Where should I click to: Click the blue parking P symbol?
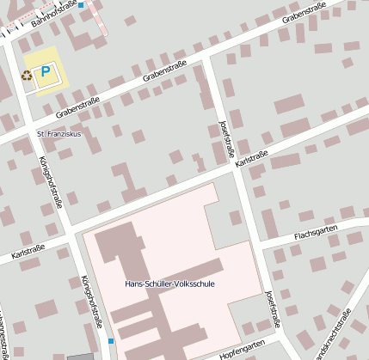pyautogui.click(x=46, y=73)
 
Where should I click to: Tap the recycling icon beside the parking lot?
pyautogui.click(x=27, y=75)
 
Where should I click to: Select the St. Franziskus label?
pyautogui.click(x=58, y=134)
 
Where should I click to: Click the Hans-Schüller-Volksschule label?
pyautogui.click(x=169, y=284)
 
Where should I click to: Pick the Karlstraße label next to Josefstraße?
pyautogui.click(x=252, y=160)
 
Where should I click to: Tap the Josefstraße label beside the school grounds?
pyautogui.click(x=273, y=310)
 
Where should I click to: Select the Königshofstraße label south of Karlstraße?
pyautogui.click(x=91, y=301)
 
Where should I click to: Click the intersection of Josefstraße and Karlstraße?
pyautogui.click(x=237, y=168)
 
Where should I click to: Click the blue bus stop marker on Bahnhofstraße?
pyautogui.click(x=81, y=5)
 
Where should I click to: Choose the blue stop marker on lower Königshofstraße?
pyautogui.click(x=111, y=341)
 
